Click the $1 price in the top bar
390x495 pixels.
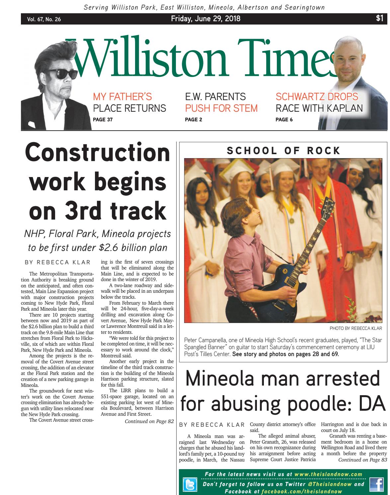(x=379, y=19)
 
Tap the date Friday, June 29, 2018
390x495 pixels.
(x=206, y=19)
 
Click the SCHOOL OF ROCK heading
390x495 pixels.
(x=283, y=151)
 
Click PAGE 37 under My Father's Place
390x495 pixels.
(x=103, y=120)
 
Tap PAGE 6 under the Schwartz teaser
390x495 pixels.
(x=284, y=120)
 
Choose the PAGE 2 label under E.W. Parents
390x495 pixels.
(x=193, y=120)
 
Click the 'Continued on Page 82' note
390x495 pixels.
(x=149, y=421)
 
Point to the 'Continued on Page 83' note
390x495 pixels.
(x=362, y=460)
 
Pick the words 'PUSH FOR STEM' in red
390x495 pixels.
(x=221, y=108)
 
